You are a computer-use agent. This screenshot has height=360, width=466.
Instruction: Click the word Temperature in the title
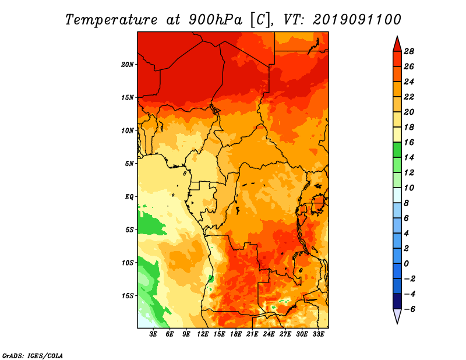(111, 20)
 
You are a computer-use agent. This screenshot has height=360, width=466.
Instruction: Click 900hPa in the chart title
(216, 20)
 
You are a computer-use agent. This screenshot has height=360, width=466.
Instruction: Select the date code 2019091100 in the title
(357, 20)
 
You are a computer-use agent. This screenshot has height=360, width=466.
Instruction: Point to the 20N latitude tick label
(128, 65)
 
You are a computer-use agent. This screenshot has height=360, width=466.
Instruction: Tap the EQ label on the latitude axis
(129, 197)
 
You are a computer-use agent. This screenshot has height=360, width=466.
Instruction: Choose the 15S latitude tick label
(128, 296)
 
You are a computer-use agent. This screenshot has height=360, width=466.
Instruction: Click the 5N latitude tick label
(129, 164)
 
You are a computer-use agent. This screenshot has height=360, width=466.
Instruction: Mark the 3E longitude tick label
(153, 334)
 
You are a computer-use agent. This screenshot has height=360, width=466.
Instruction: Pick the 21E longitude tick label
(252, 334)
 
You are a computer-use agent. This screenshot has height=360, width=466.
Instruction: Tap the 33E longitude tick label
(318, 334)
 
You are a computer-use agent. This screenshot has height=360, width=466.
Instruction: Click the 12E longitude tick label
(203, 334)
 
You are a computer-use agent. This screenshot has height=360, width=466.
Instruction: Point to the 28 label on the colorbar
(409, 51)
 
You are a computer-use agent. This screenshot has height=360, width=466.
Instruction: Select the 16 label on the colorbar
(409, 142)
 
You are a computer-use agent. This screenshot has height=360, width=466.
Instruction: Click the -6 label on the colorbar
(409, 309)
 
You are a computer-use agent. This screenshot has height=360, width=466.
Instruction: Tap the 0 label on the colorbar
(406, 264)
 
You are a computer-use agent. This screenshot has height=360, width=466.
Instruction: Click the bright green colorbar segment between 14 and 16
(397, 150)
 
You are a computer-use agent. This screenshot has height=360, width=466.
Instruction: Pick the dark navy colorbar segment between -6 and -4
(397, 301)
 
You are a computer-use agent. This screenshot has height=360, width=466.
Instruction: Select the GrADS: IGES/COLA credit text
(33, 355)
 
